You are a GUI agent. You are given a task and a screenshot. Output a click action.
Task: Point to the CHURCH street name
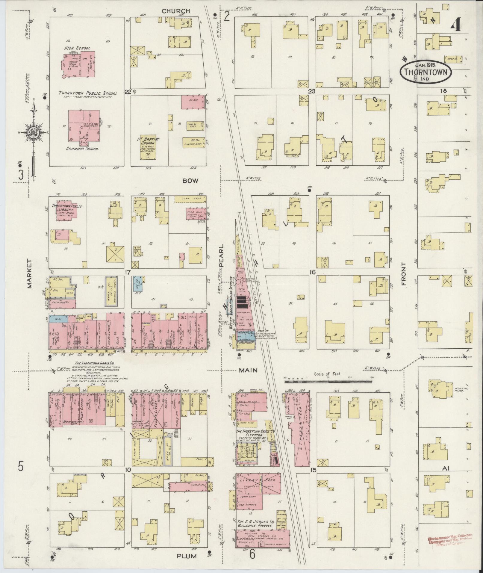point(176,11)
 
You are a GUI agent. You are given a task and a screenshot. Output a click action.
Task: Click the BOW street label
point(191,181)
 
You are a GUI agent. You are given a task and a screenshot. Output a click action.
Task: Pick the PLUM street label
point(186,556)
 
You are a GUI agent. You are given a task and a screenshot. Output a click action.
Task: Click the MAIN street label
point(248,370)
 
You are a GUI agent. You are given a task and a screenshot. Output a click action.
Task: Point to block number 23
point(312,92)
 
